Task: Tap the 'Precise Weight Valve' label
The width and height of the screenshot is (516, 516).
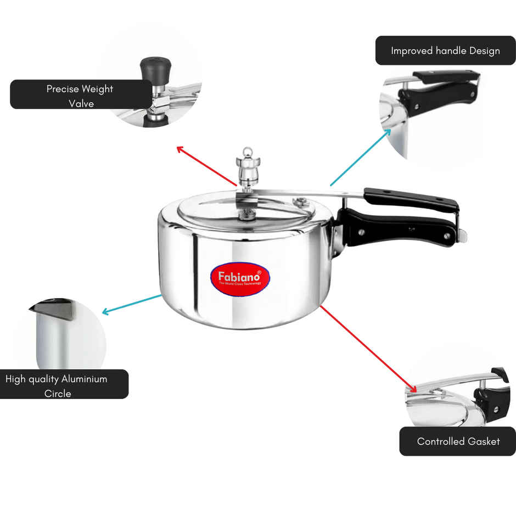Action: coord(81,94)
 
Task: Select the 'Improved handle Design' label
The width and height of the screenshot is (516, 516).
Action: coord(445,51)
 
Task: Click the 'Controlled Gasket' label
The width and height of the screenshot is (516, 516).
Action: coord(458,441)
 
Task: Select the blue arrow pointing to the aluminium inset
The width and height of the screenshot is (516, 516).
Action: coord(132,304)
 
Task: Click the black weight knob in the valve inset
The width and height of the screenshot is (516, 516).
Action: coord(154,68)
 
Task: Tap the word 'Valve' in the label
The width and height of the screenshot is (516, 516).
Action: coord(81,103)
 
